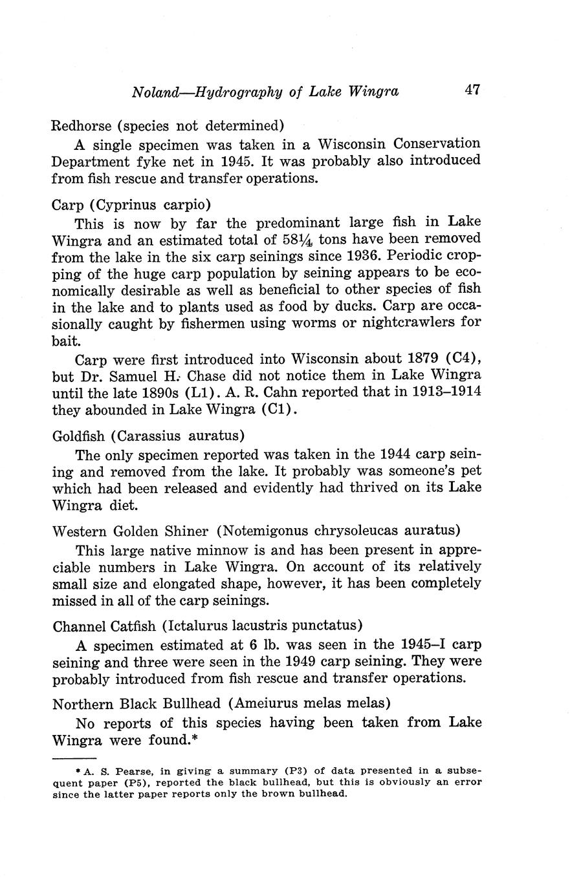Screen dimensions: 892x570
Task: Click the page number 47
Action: pyautogui.click(x=472, y=90)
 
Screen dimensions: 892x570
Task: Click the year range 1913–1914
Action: pyautogui.click(x=441, y=392)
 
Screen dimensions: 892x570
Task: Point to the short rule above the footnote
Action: pyautogui.click(x=74, y=758)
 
